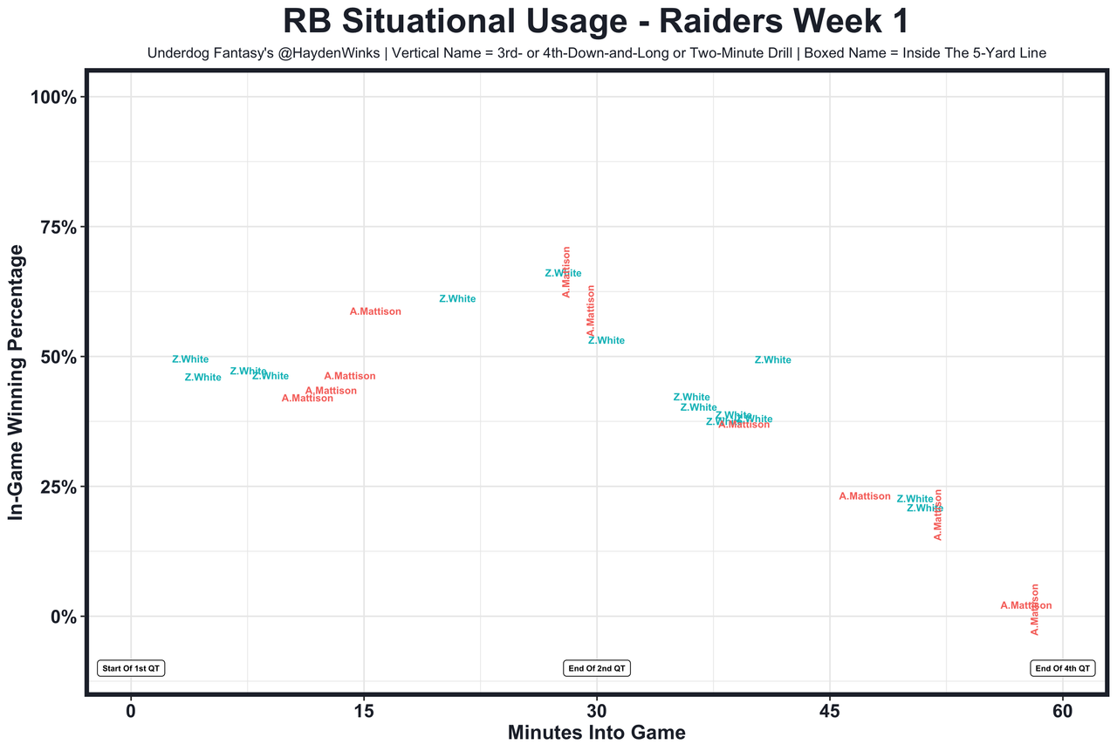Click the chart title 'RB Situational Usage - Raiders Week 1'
(x=596, y=21)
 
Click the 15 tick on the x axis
(x=364, y=711)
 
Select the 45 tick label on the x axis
(x=830, y=711)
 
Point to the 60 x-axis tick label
(x=1063, y=711)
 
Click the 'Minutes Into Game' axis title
(x=596, y=733)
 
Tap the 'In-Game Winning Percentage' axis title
(x=16, y=382)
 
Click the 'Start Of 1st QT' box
(x=131, y=668)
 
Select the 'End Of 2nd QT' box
(x=597, y=668)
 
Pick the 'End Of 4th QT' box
(x=1062, y=668)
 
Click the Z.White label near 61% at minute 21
(x=457, y=299)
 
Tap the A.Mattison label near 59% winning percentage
(x=375, y=311)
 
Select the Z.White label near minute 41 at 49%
(x=773, y=360)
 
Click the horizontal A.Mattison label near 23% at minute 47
(x=865, y=496)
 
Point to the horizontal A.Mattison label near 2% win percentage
(x=1025, y=605)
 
